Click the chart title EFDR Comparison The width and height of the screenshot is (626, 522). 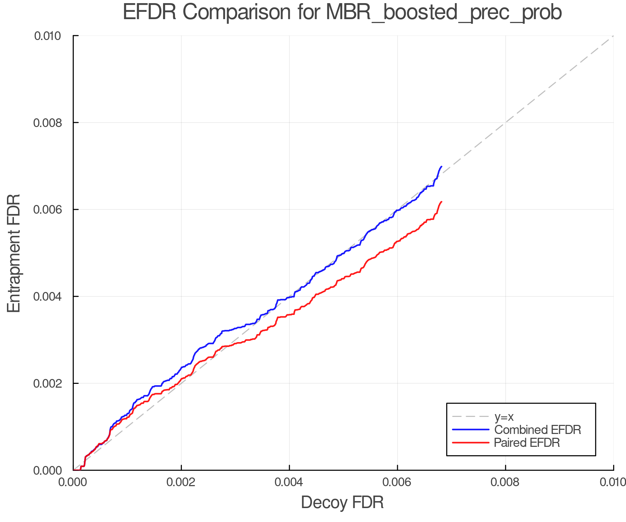click(342, 13)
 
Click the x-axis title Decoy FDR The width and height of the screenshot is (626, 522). click(342, 503)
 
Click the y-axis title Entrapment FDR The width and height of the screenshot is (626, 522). click(14, 253)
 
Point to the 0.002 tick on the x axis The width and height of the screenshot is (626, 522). click(181, 482)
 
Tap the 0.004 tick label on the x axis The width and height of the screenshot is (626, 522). click(289, 482)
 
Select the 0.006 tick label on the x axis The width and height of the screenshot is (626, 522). click(397, 482)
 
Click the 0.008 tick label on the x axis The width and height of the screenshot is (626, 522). click(505, 482)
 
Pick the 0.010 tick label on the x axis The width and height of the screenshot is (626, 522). click(613, 482)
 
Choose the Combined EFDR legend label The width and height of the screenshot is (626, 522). click(538, 430)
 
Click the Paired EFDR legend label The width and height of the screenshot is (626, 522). click(527, 443)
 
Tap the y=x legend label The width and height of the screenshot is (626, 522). click(504, 417)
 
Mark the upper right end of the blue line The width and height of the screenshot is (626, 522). click(441, 167)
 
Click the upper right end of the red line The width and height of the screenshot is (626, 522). click(441, 202)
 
